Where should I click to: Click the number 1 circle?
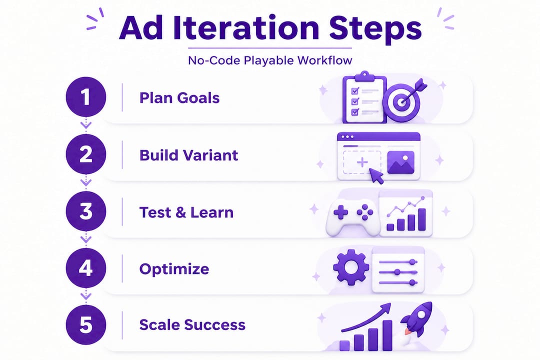[x=86, y=97]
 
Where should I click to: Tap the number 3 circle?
[x=86, y=212]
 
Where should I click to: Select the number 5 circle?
[x=86, y=325]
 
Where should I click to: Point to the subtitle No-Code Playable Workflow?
[x=270, y=60]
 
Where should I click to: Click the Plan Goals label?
[x=179, y=97]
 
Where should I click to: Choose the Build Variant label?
[x=188, y=155]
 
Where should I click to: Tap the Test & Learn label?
[x=186, y=212]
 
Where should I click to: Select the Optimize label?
[x=174, y=269]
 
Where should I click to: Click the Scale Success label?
[x=192, y=325]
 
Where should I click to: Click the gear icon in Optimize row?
[x=351, y=266]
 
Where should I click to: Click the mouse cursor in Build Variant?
[x=376, y=175]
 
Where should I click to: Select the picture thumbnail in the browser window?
[x=400, y=162]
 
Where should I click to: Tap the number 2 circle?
[x=86, y=155]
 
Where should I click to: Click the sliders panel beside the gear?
[x=398, y=270]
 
